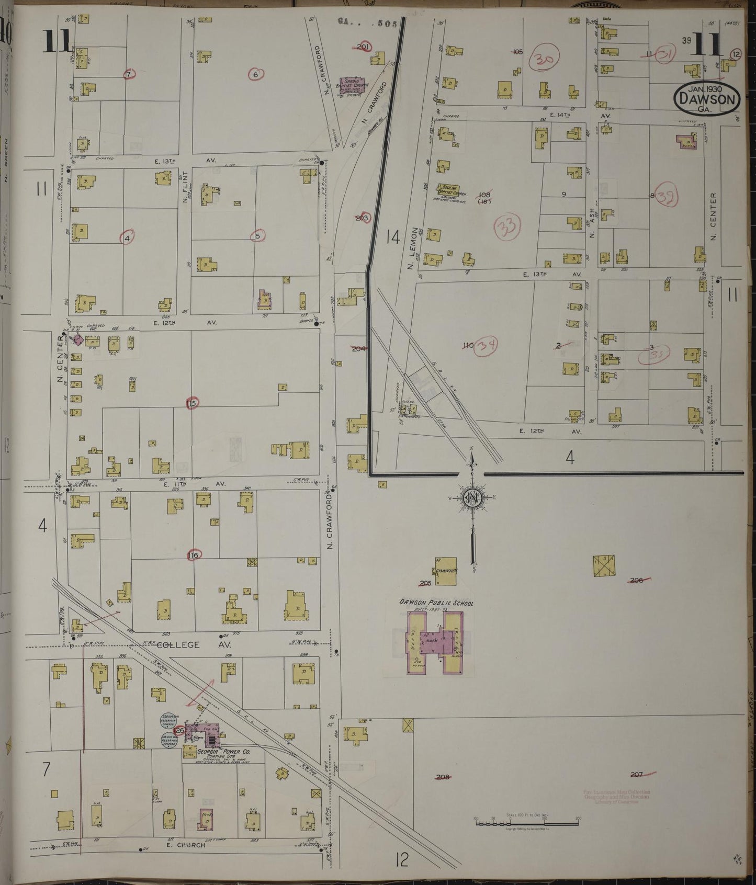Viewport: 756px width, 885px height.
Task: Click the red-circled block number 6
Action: tap(255, 74)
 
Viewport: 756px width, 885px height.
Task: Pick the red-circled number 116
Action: tap(194, 555)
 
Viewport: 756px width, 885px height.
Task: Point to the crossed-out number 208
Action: tap(443, 777)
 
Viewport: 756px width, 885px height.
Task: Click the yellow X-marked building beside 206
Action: tap(604, 566)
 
